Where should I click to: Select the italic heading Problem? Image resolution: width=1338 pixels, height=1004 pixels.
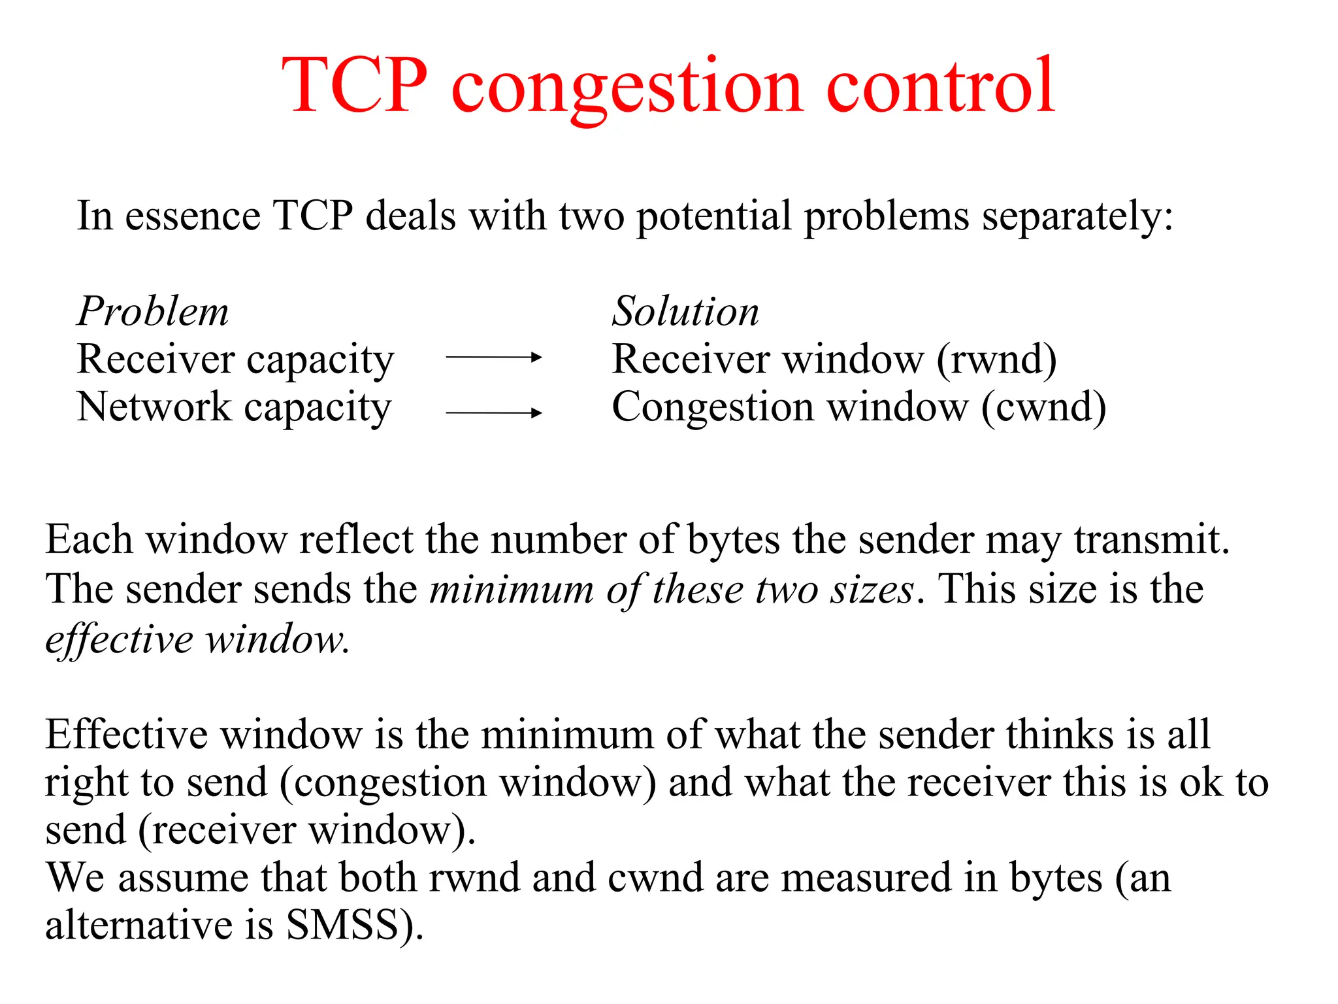pyautogui.click(x=153, y=311)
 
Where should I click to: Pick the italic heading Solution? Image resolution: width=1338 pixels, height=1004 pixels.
pyautogui.click(x=685, y=311)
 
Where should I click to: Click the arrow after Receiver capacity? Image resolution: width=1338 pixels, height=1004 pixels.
pyautogui.click(x=493, y=357)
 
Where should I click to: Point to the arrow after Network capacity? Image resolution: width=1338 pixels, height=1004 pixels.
pyautogui.click(x=493, y=412)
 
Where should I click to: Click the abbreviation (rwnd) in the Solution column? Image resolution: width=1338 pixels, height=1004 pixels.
pyautogui.click(x=996, y=360)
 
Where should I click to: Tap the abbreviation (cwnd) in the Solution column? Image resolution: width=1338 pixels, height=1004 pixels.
pyautogui.click(x=1043, y=407)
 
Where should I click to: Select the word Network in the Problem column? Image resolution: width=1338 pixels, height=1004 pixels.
pyautogui.click(x=154, y=407)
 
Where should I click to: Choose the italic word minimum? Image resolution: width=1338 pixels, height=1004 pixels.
pyautogui.click(x=512, y=589)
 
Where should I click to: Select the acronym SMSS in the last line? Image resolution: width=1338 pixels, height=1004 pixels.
pyautogui.click(x=342, y=924)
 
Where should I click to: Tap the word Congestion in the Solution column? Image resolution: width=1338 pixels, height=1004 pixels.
pyautogui.click(x=713, y=407)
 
